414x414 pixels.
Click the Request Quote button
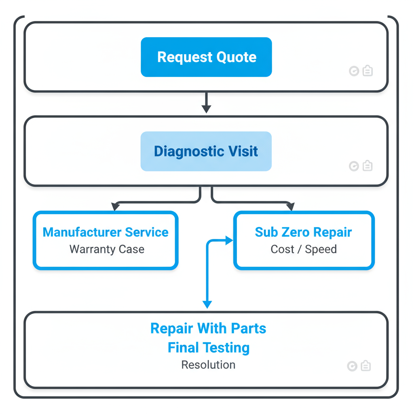[x=206, y=57]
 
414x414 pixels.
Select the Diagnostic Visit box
[x=206, y=151]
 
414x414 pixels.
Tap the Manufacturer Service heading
[x=106, y=232]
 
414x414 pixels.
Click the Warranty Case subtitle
[x=107, y=249]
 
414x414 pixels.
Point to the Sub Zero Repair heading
[x=303, y=232]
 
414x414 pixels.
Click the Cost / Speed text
[x=303, y=249]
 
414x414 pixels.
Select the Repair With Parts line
[x=208, y=328]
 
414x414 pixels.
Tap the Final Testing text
[x=208, y=347]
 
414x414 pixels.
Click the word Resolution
[x=208, y=365]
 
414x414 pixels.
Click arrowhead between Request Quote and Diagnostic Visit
[x=206, y=109]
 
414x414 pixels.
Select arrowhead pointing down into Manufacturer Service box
[x=116, y=207]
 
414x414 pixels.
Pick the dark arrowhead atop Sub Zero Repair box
[x=290, y=207]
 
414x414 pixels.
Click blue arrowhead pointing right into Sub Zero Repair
[x=229, y=241]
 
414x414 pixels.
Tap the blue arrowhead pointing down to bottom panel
[x=207, y=304]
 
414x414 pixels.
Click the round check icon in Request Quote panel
[x=354, y=72]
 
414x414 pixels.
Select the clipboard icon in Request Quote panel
[x=367, y=71]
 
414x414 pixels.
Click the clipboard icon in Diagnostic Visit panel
[x=367, y=166]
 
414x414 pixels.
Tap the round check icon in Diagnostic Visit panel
[x=354, y=166]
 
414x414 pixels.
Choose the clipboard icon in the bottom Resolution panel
[x=365, y=366]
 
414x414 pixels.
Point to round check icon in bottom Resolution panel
[x=352, y=366]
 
